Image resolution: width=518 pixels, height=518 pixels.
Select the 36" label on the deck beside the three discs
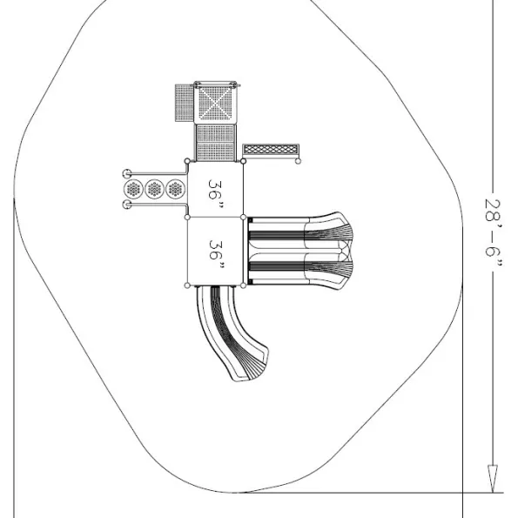(x=215, y=194)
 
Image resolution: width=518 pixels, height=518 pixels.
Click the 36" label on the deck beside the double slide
(x=216, y=255)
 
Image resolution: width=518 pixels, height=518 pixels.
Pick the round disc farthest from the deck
(x=133, y=189)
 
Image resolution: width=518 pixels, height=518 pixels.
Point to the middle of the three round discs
(x=154, y=189)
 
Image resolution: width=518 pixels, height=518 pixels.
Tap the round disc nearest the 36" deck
(x=175, y=189)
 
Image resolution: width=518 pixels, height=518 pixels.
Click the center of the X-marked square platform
(x=215, y=103)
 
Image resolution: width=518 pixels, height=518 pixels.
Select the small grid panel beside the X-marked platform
(x=185, y=103)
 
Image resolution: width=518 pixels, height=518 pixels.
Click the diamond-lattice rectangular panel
(x=271, y=150)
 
